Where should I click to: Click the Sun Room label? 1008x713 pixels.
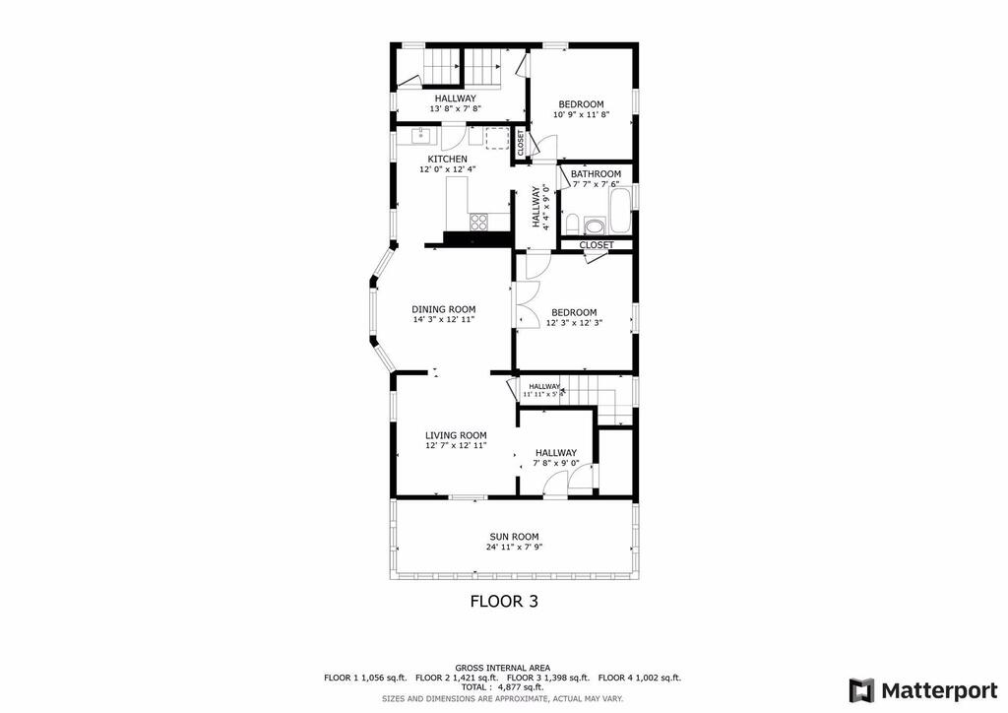(x=514, y=537)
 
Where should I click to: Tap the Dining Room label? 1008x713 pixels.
(x=444, y=309)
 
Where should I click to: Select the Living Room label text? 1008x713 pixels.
(x=456, y=435)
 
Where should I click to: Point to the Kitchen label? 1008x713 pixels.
(x=448, y=159)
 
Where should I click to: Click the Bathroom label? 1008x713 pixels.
(x=596, y=174)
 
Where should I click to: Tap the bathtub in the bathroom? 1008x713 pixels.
(x=620, y=211)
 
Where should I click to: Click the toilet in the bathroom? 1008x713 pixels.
(x=571, y=225)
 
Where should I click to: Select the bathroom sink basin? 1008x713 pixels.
(x=595, y=227)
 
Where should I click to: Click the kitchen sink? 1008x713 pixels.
(x=420, y=135)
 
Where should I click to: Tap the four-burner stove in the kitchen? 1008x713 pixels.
(x=479, y=222)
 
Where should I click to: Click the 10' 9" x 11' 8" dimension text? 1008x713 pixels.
(x=581, y=114)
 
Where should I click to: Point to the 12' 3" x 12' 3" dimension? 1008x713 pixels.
(x=574, y=323)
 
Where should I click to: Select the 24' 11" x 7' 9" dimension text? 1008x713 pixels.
(x=514, y=548)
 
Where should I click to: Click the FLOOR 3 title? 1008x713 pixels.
(x=504, y=601)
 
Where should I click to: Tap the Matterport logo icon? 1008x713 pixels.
(x=861, y=690)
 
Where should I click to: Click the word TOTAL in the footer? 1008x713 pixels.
(x=473, y=687)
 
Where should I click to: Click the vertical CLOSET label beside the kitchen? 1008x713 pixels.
(x=521, y=144)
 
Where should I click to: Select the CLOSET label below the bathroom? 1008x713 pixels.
(x=597, y=245)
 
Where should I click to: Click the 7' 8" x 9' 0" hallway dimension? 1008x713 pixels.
(x=556, y=463)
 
